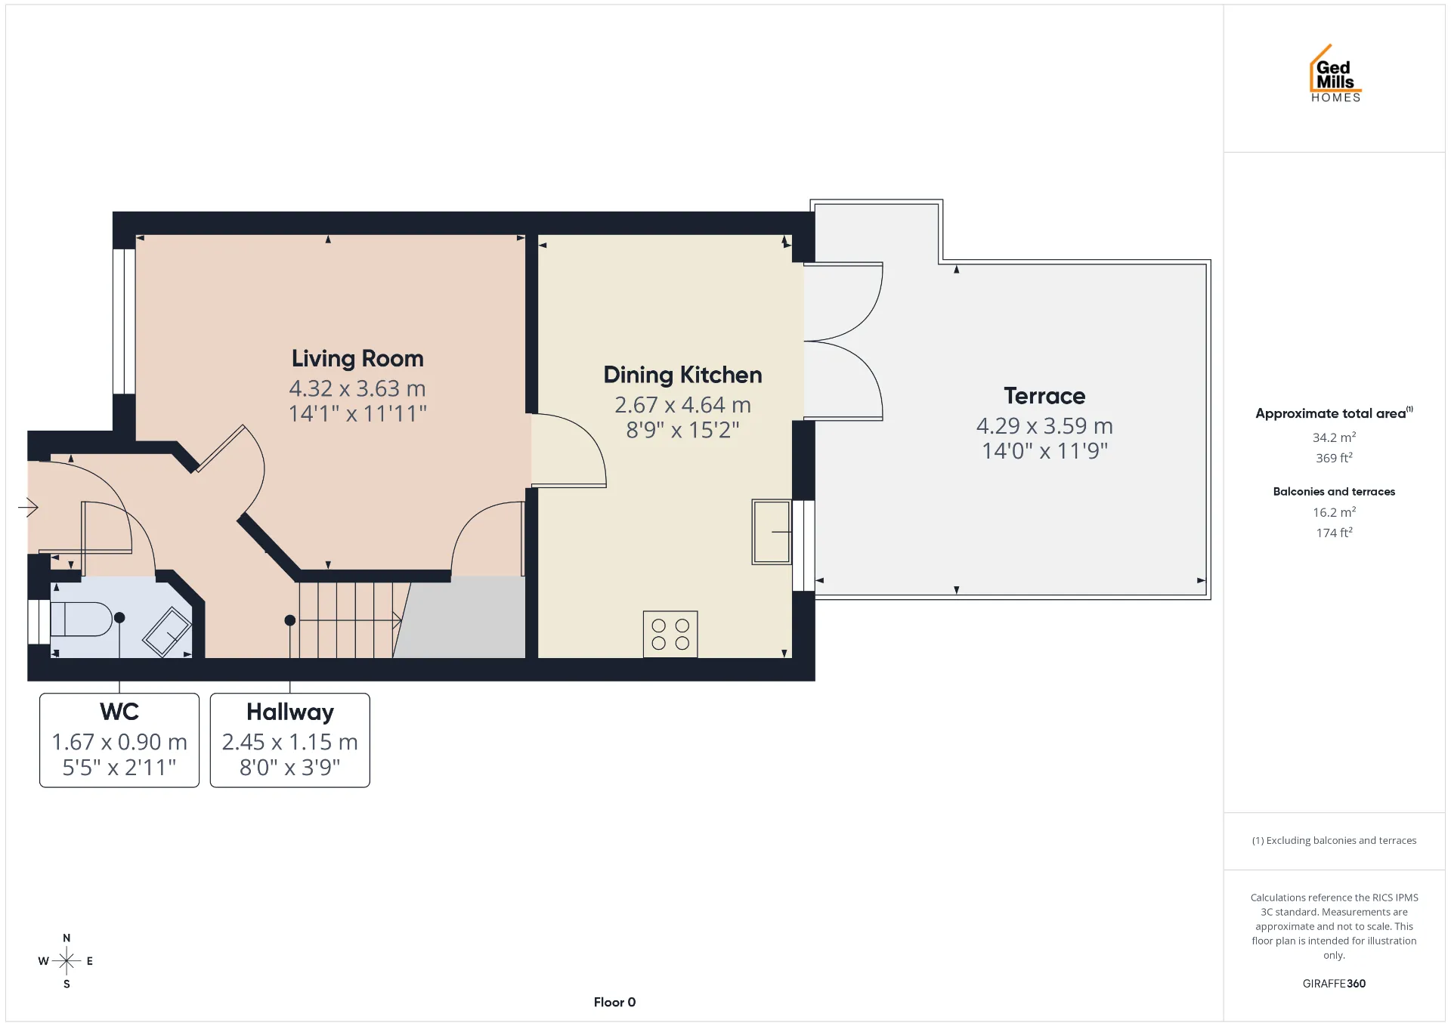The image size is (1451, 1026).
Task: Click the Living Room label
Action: pos(357,359)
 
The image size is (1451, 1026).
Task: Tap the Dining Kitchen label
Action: pos(682,375)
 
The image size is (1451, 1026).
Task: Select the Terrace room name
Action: pos(1044,396)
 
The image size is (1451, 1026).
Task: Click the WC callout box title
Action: pos(119,712)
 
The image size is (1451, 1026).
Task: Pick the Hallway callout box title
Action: pos(290,712)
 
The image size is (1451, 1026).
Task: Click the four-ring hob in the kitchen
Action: pos(670,634)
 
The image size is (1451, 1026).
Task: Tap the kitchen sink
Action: pos(772,532)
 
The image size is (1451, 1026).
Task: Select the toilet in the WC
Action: pos(82,619)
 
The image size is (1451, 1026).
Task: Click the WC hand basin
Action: pos(167,632)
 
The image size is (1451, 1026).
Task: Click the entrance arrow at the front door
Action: pos(28,507)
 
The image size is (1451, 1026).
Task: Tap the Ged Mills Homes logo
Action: pos(1335,73)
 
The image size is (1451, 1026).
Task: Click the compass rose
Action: pos(67,961)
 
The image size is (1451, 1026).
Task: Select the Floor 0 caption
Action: pos(614,1003)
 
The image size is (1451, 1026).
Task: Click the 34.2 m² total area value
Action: pos(1334,437)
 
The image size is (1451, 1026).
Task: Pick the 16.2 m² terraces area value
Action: pos(1334,512)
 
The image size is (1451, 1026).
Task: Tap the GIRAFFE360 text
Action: pos(1334,984)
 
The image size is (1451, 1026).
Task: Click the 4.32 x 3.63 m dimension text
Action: pos(357,388)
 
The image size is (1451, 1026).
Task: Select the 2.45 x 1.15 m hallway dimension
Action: pos(290,742)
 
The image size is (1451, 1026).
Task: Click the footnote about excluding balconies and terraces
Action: pos(1334,841)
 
